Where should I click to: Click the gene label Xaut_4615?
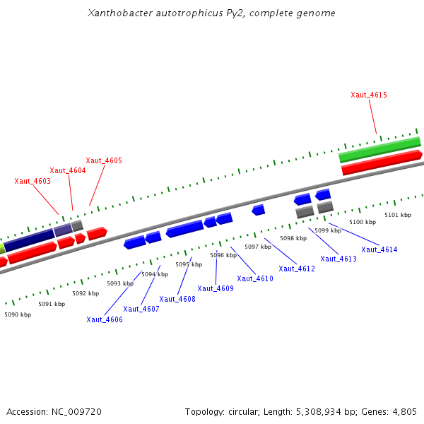click(369, 95)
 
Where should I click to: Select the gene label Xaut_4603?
click(33, 182)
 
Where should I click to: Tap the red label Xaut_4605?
click(104, 161)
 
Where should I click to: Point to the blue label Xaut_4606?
click(105, 319)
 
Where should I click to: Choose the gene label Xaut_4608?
click(177, 299)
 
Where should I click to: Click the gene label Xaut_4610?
click(255, 278)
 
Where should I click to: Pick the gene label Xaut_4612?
click(297, 269)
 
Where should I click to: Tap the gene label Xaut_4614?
click(379, 249)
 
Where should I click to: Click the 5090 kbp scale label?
click(18, 314)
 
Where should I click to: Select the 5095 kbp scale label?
click(189, 264)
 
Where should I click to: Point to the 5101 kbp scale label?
click(398, 215)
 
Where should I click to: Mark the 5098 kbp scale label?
click(293, 239)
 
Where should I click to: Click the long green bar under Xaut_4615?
click(379, 150)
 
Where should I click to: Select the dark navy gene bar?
click(29, 240)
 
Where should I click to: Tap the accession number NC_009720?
click(78, 411)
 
